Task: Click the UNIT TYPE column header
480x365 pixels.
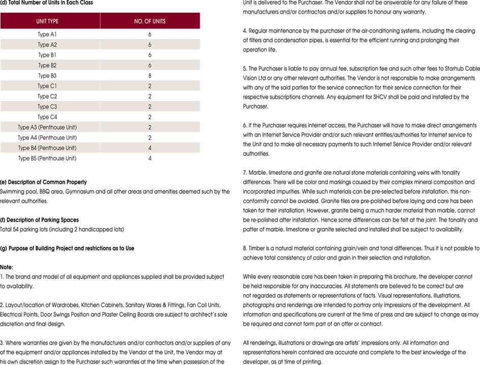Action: [x=50, y=21]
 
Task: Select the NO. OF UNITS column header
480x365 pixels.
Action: [x=150, y=21]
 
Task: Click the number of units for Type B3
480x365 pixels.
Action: [x=150, y=76]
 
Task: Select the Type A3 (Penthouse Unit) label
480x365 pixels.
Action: [x=47, y=127]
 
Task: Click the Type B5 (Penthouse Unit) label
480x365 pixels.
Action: [x=47, y=158]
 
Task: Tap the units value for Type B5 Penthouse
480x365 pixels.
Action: [x=150, y=158]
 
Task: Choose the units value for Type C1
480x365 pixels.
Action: [x=150, y=86]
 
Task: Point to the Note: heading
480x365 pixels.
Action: [x=7, y=267]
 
